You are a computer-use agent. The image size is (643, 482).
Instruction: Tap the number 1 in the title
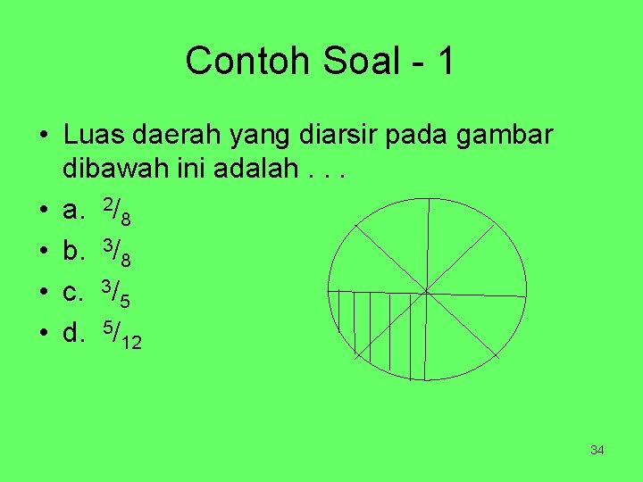[445, 61]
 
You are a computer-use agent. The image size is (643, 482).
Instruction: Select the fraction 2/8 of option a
[118, 212]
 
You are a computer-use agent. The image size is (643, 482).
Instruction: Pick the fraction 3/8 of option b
[118, 253]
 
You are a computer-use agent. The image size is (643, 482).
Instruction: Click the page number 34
[597, 450]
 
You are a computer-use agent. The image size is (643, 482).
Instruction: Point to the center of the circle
[426, 291]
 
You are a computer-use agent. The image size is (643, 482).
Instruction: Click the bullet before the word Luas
[43, 137]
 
